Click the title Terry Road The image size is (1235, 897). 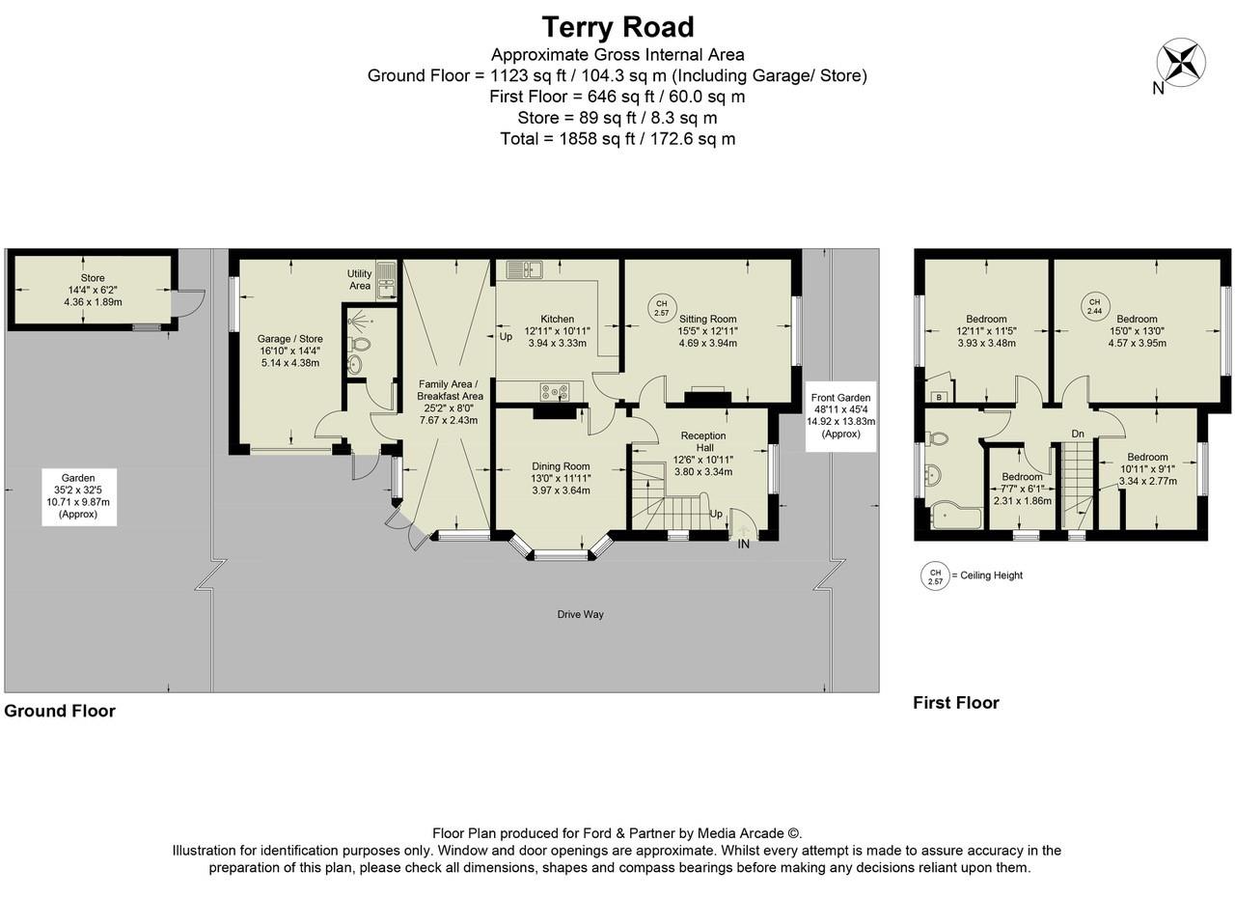pos(617,26)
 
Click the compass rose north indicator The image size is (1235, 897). pos(1180,62)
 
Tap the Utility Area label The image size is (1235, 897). pos(360,279)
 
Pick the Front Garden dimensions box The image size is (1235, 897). pos(841,416)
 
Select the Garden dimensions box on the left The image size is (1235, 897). pos(78,496)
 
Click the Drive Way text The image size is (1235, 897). pos(580,614)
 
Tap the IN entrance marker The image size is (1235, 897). pos(744,545)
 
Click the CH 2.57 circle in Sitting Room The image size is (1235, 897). pos(662,307)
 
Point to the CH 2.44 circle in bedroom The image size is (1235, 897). pos(1094,305)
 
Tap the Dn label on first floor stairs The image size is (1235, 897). pos(1078,434)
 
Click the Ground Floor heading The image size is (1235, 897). pos(60,712)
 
